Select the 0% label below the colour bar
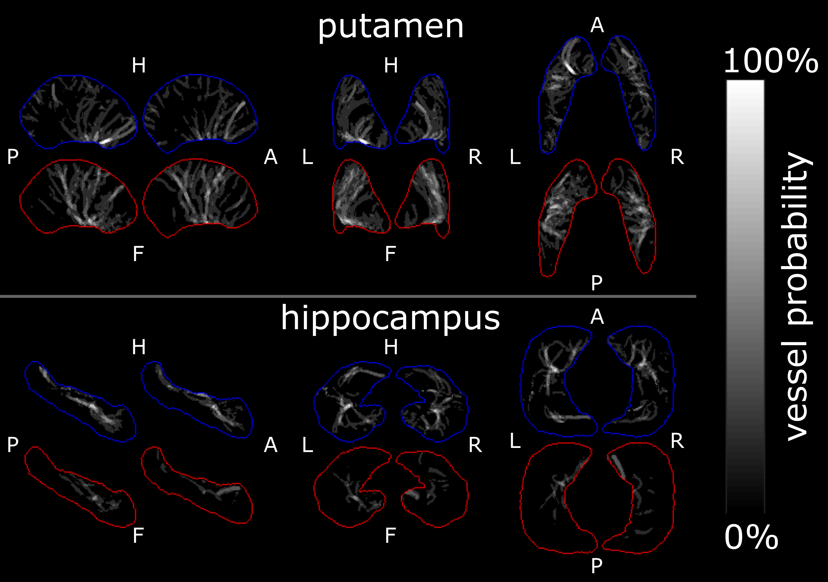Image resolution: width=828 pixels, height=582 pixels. (751, 537)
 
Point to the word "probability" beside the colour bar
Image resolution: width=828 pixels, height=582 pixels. (798, 238)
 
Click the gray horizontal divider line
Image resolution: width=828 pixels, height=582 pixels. (346, 296)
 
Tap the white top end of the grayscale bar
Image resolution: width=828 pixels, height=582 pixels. (745, 87)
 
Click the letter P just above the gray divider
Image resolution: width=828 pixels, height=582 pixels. (597, 283)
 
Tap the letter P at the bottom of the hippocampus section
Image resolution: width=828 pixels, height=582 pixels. (597, 566)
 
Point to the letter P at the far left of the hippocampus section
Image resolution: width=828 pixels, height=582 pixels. (13, 444)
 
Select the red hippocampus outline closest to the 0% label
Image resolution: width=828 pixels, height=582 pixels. (673, 505)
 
